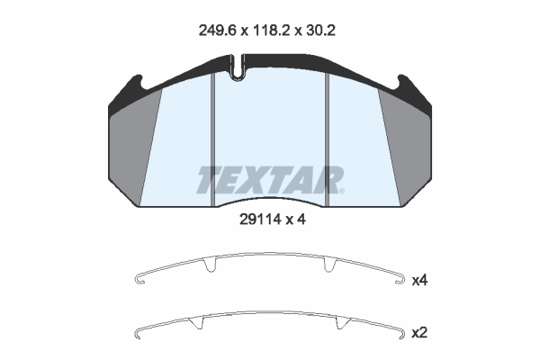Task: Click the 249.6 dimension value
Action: click(217, 31)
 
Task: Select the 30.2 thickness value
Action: click(319, 31)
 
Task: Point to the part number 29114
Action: click(260, 219)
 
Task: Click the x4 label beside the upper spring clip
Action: click(419, 281)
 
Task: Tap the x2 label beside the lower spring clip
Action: click(419, 333)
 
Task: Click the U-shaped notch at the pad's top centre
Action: click(237, 68)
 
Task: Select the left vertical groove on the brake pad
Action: click(212, 139)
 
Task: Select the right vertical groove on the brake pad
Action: click(328, 139)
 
